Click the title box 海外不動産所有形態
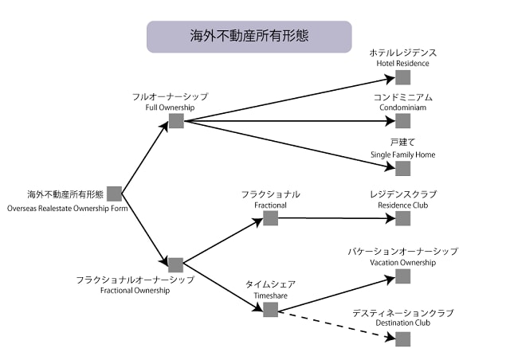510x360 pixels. [x=249, y=37]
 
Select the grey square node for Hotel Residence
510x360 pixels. [x=402, y=77]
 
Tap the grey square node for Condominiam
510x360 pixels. [x=402, y=121]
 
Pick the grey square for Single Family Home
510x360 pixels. [x=402, y=168]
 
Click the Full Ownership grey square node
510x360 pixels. [x=176, y=121]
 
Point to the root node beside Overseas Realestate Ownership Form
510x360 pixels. [x=114, y=194]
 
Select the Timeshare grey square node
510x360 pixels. [x=270, y=309]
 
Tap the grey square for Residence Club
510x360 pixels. [x=402, y=218]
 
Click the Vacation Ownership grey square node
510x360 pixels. [x=402, y=276]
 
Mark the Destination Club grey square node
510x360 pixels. [x=402, y=338]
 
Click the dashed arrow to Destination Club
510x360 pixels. [x=335, y=323]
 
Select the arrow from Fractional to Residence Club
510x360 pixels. [x=335, y=217]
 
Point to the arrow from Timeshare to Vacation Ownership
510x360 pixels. [x=335, y=293]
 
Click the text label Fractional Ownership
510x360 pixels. [x=135, y=291]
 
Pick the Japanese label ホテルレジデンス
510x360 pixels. [x=403, y=52]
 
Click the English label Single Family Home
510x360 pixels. [x=402, y=154]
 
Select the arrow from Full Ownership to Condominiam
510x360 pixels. [x=287, y=121]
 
